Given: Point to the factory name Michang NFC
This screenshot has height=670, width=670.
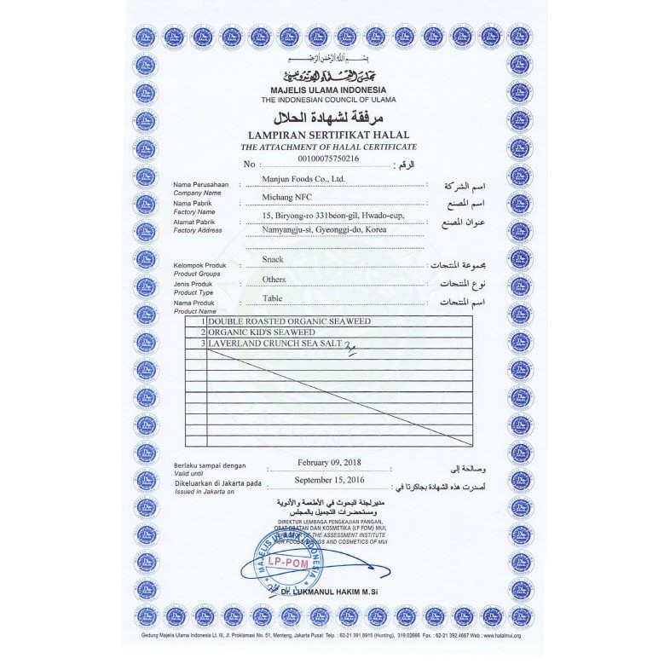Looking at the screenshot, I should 287,198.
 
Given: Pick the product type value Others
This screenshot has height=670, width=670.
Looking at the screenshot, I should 274,279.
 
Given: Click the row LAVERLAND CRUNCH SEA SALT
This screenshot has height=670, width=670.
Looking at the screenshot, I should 274,343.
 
